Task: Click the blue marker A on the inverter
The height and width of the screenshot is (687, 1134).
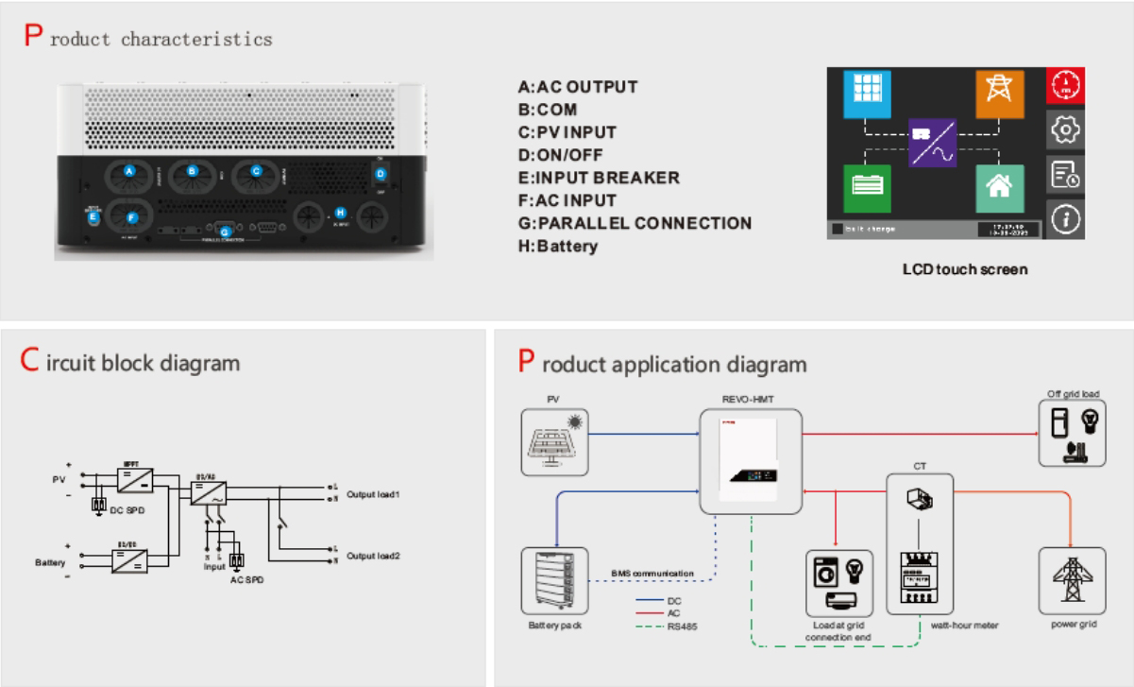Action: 130,170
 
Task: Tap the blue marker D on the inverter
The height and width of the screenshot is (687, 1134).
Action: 381,174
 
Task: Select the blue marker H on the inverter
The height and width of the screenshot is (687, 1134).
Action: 341,213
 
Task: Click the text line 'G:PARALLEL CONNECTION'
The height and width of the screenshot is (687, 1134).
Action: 635,223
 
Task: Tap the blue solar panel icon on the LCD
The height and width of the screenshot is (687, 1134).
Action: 866,92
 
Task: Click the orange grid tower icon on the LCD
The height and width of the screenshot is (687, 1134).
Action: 999,92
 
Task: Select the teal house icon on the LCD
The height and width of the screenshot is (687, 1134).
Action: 999,188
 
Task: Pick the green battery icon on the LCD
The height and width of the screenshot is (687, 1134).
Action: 866,188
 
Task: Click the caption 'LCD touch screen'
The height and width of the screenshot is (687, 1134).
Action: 964,269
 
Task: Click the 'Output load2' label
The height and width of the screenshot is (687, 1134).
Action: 373,556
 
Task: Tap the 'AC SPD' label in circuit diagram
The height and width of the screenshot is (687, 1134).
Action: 247,579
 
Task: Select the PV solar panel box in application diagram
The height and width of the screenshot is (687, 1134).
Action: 554,441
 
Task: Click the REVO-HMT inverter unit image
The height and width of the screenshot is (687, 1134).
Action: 750,461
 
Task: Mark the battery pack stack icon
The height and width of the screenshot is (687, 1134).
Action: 554,580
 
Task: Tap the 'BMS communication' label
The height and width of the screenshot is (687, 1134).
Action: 652,574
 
